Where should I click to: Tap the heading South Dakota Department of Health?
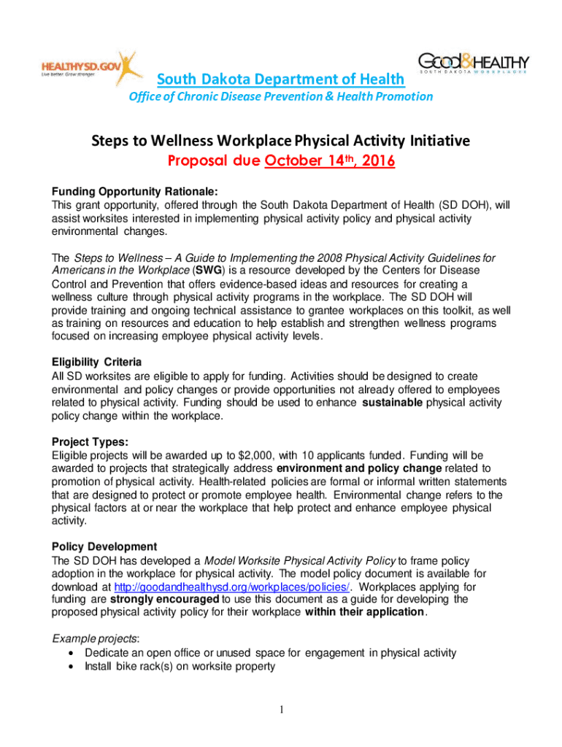281,79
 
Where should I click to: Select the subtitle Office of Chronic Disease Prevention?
280,96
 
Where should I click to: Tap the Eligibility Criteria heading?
96,363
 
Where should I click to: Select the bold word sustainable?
392,402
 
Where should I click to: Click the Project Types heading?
90,442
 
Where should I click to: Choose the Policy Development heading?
104,547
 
